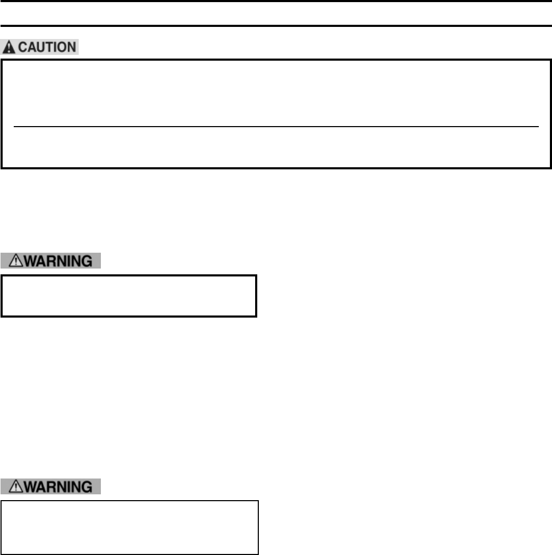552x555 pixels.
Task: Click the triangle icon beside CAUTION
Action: pyautogui.click(x=10, y=48)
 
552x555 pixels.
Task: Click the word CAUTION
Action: pyautogui.click(x=46, y=48)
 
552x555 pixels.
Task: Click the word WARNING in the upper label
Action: pyautogui.click(x=56, y=261)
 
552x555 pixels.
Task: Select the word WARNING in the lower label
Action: pyautogui.click(x=56, y=486)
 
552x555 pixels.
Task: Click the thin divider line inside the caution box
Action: pyautogui.click(x=276, y=127)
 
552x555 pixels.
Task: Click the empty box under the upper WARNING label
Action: pyautogui.click(x=129, y=295)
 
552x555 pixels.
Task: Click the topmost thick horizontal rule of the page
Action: pyautogui.click(x=276, y=2)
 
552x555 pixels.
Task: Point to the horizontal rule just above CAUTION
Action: pyautogui.click(x=276, y=25)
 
